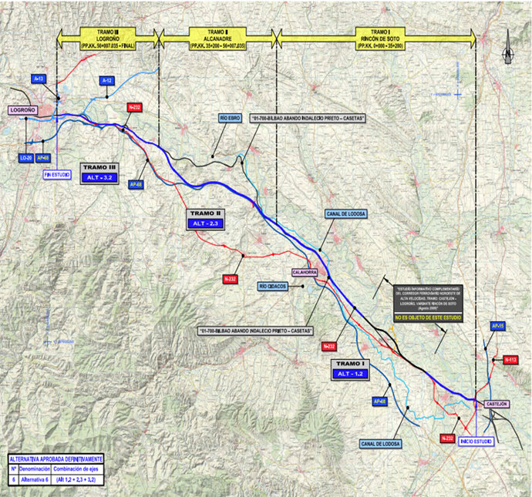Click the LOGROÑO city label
click(23, 110)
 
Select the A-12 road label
click(108, 80)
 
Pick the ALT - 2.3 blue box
click(207, 223)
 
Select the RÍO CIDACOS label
click(273, 287)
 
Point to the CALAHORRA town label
click(305, 272)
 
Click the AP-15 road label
click(497, 326)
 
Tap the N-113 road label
click(510, 360)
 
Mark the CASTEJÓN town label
click(496, 404)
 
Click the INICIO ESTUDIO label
click(476, 441)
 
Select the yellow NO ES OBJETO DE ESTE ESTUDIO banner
click(421, 317)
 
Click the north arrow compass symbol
click(507, 52)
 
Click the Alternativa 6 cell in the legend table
click(35, 479)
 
